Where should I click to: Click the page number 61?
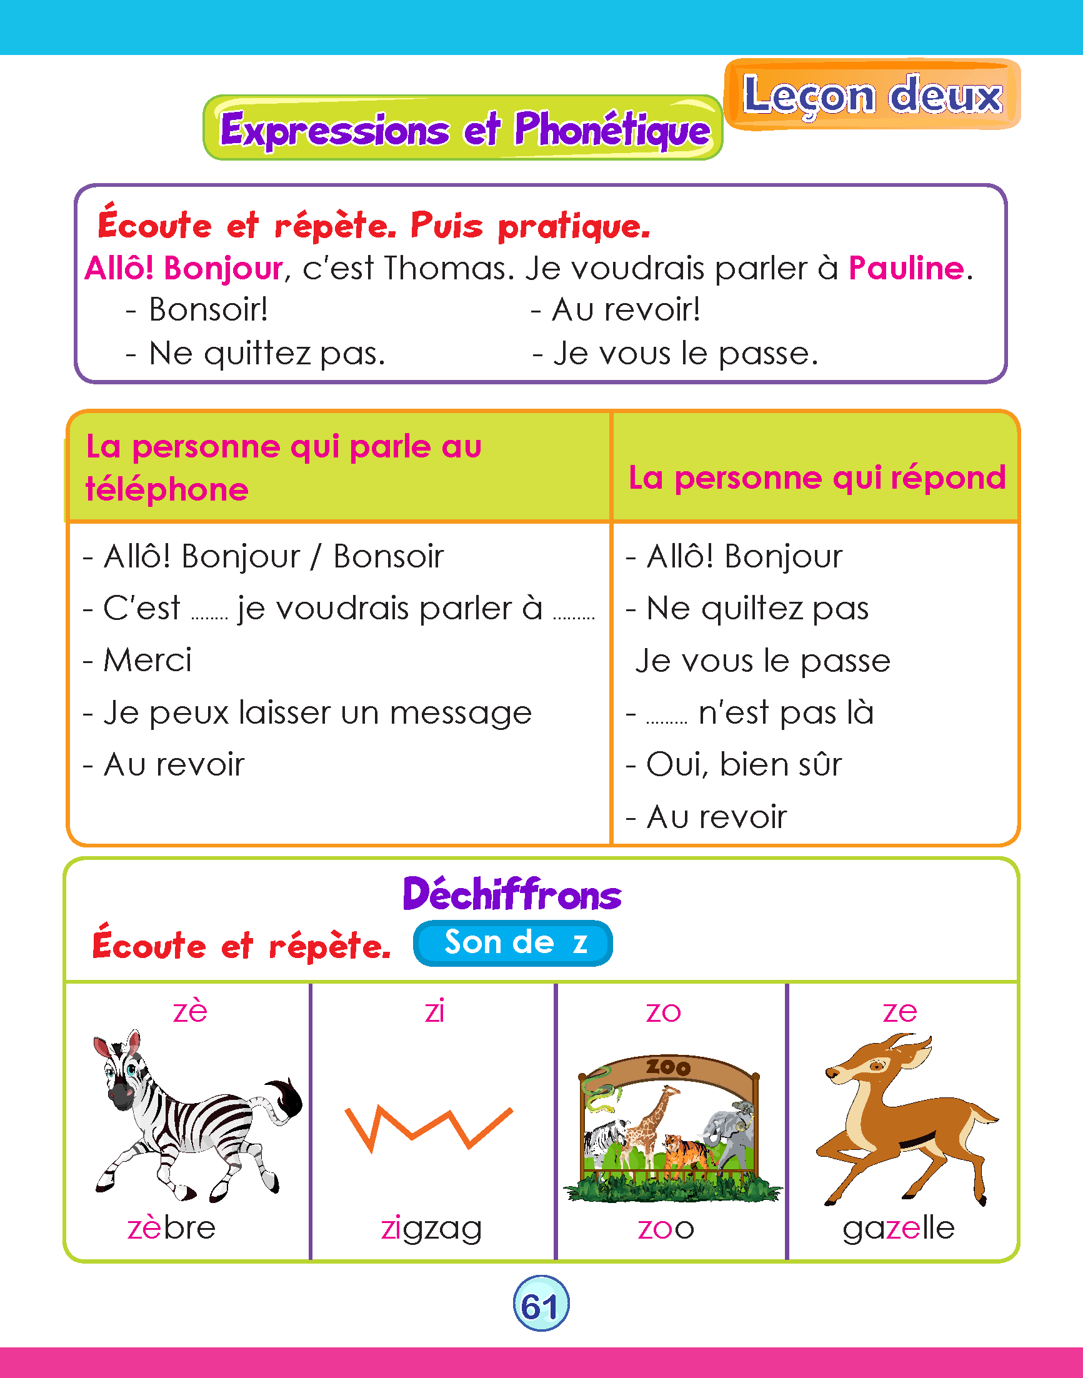540,1305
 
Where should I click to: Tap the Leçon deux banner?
872,95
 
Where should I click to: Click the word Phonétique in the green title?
612,130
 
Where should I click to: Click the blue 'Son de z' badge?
512,943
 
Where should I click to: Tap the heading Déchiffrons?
512,894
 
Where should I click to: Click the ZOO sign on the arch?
667,1067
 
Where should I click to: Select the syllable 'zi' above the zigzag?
434,1011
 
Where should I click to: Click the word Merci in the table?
147,660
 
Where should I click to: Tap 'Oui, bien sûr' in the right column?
744,764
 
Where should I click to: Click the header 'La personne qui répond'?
816,477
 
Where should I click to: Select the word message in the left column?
461,713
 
